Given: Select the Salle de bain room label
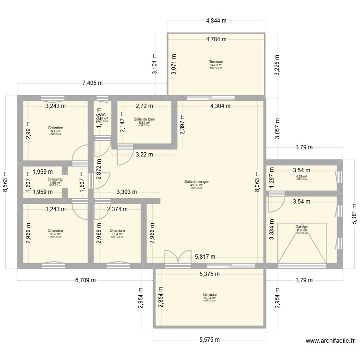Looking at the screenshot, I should coord(144,120).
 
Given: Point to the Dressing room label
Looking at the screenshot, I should coord(55,179).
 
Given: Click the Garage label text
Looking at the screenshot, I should coord(301,227).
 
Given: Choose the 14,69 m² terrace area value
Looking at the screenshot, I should coord(216,65).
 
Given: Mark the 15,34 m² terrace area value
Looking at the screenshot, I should coord(209,298).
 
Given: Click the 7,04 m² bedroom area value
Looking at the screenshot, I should coord(117,234).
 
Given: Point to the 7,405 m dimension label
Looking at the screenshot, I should coord(93,83).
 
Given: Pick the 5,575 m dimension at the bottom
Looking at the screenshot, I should coord(209,340).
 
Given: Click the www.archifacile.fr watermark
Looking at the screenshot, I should coord(330,341).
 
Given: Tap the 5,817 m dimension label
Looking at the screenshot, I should coord(205,257).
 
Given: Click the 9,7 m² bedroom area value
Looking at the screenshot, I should coord(55,131).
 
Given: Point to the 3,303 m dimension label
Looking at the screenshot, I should coord(127,192).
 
